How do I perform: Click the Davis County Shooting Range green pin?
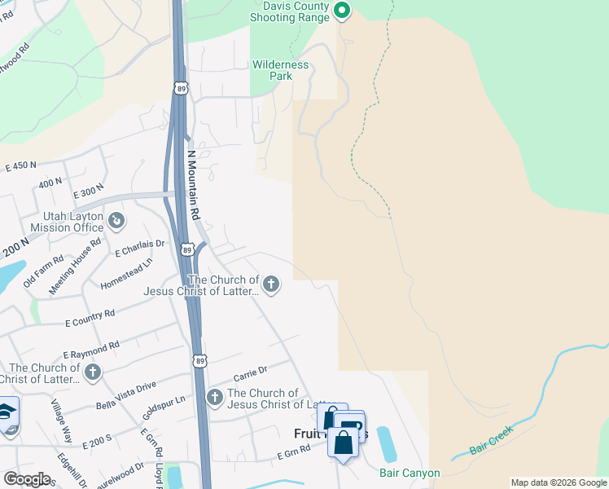tap(342, 11)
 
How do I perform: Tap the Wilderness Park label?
tap(281, 70)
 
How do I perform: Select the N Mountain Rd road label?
tap(194, 186)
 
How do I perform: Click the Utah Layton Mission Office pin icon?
tap(116, 220)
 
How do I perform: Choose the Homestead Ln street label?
tap(126, 274)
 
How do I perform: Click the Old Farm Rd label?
tap(44, 272)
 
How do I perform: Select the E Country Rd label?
tap(90, 318)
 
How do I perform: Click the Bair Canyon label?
tap(410, 473)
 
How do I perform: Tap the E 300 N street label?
tap(89, 195)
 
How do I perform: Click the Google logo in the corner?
tap(27, 479)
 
